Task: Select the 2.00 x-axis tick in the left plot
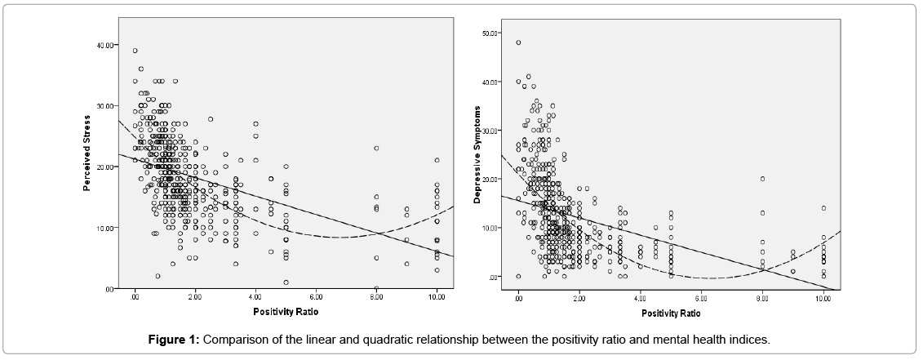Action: [195, 299]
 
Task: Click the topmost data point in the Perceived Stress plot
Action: [135, 51]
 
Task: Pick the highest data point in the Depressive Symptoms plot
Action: [518, 42]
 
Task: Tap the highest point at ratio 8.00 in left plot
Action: [376, 149]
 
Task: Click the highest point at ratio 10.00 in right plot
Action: [823, 208]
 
